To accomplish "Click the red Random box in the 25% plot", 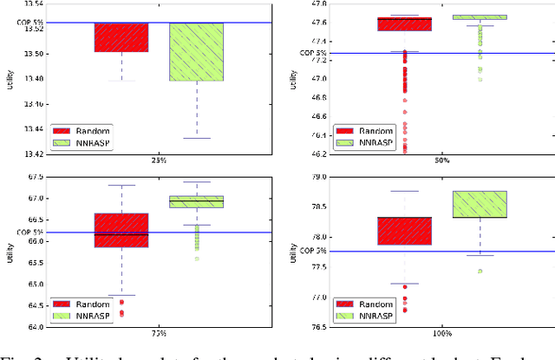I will [x=121, y=37].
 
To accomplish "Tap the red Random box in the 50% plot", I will [x=404, y=23].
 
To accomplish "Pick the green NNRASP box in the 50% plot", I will [x=480, y=16].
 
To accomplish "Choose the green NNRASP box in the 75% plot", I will [x=196, y=202].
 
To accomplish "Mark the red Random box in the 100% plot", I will [x=404, y=231].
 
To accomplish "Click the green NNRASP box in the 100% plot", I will [x=480, y=204].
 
